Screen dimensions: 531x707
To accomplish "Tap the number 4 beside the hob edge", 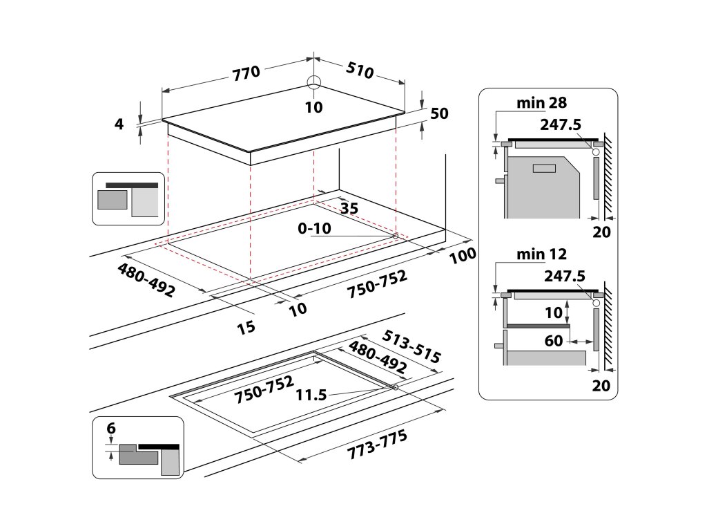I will click(x=119, y=124).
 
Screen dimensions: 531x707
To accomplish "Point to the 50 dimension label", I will click(x=439, y=114).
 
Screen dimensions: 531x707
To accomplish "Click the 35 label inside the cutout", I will click(x=349, y=207).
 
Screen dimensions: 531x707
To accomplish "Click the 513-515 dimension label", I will click(x=411, y=346).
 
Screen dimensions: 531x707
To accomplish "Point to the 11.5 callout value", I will click(x=311, y=395).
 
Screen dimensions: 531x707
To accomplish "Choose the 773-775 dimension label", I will click(x=378, y=443).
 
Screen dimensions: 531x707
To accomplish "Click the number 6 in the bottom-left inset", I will click(x=110, y=429).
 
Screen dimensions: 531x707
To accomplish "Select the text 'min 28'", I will click(x=542, y=103).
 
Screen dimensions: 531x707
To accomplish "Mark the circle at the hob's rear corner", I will click(x=314, y=82).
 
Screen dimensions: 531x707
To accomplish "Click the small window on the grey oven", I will click(x=545, y=167).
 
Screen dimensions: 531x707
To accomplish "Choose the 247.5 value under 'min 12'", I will click(x=564, y=276).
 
